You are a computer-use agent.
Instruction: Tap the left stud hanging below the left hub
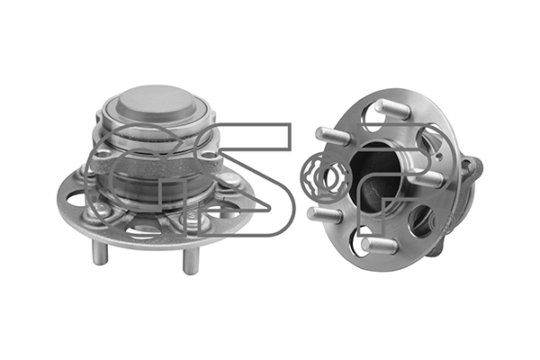[100, 251]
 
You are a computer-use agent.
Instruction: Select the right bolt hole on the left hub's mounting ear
[208, 157]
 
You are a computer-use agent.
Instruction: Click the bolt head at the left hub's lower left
[101, 209]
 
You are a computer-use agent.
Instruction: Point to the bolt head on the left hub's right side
[227, 179]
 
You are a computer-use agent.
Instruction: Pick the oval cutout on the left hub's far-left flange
[75, 201]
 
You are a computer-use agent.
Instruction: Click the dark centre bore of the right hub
[375, 179]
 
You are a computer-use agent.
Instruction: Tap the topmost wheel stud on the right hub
[392, 108]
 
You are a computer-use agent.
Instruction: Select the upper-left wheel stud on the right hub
[333, 136]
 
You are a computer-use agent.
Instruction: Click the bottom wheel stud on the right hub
[380, 246]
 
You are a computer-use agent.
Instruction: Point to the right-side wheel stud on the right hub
[427, 179]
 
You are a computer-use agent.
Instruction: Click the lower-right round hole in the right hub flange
[422, 220]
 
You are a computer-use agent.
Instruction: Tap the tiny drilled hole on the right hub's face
[438, 158]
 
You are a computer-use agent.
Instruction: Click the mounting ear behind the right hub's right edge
[472, 169]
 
